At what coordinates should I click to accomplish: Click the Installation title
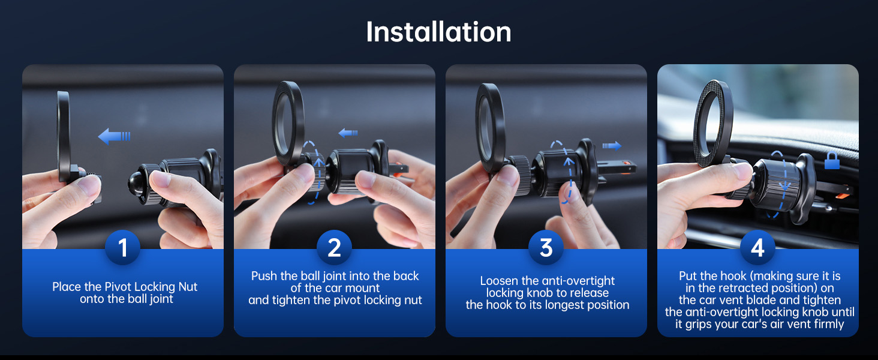point(438,32)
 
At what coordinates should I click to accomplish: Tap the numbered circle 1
point(123,247)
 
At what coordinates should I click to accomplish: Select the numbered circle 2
point(334,247)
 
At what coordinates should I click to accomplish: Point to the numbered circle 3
point(546,247)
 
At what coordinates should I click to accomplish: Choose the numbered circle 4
point(757,247)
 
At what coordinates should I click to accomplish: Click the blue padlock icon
point(832,161)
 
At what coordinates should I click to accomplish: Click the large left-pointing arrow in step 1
point(114,136)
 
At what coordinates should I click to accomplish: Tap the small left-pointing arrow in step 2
point(348,133)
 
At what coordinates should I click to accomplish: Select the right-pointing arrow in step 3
point(612,146)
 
